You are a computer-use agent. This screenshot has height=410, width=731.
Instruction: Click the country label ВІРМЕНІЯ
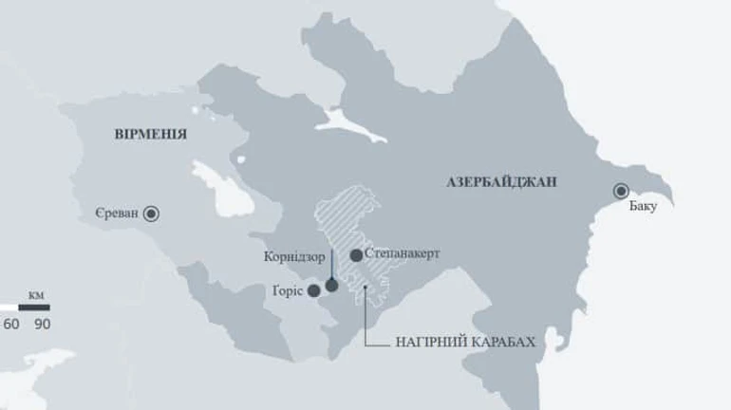pyautogui.click(x=149, y=134)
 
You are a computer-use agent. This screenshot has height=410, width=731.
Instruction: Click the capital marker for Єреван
pyautogui.click(x=151, y=214)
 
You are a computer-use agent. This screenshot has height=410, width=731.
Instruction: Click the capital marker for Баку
pyautogui.click(x=622, y=189)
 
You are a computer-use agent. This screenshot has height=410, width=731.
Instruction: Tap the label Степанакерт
pyautogui.click(x=403, y=254)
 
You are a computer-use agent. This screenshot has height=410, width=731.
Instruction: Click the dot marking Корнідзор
pyautogui.click(x=331, y=285)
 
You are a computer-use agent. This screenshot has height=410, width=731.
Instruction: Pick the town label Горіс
pyautogui.click(x=287, y=289)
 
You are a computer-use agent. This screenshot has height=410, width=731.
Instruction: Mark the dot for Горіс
pyautogui.click(x=314, y=290)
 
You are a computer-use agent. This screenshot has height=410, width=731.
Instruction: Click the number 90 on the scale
pyautogui.click(x=42, y=324)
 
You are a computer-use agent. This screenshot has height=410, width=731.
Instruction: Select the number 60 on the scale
pyautogui.click(x=11, y=324)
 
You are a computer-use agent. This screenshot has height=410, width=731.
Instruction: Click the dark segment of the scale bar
pyautogui.click(x=34, y=307)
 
